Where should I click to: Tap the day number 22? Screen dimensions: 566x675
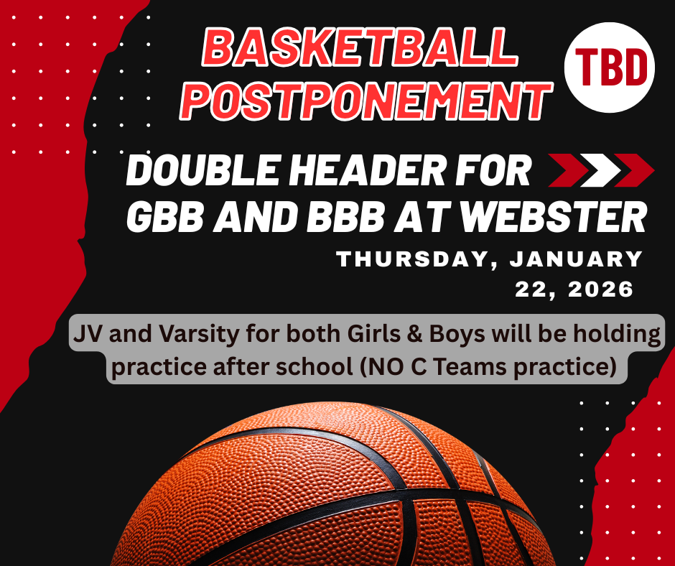pyautogui.click(x=534, y=289)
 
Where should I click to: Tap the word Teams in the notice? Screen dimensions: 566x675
pyautogui.click(x=492, y=367)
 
